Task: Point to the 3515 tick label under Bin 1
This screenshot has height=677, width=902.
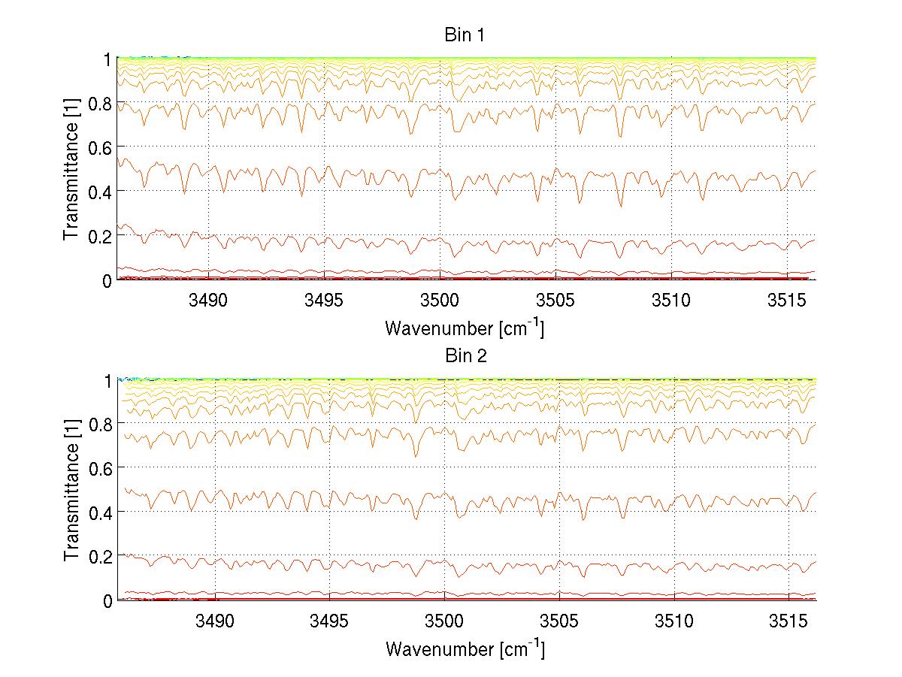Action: tap(787, 300)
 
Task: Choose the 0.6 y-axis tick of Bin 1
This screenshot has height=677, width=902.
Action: tap(98, 147)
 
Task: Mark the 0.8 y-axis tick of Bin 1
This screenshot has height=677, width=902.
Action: tap(98, 103)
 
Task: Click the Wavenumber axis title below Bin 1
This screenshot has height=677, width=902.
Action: tap(465, 328)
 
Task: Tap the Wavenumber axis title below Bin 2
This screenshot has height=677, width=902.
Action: tap(465, 648)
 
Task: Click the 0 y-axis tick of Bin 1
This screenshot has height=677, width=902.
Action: tap(106, 281)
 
